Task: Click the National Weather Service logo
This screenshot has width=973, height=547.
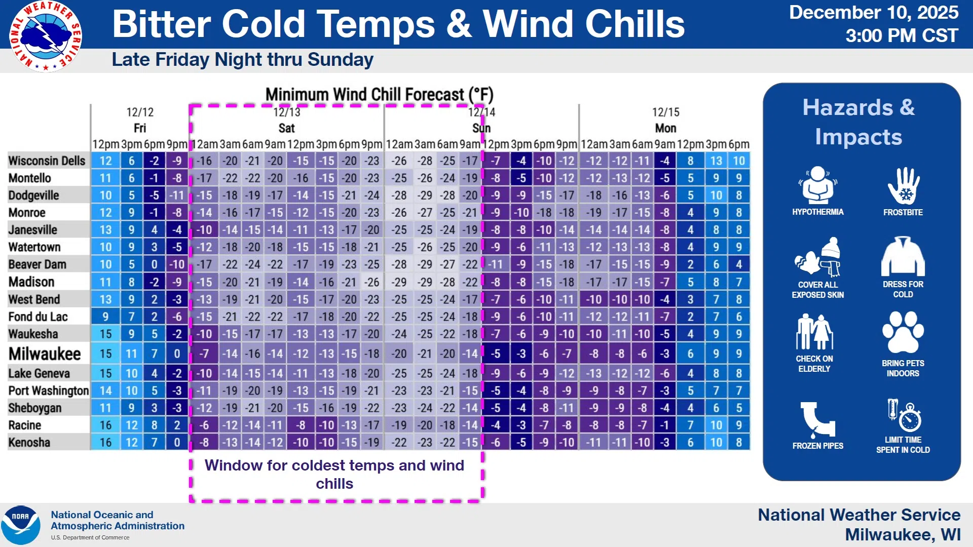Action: pyautogui.click(x=46, y=36)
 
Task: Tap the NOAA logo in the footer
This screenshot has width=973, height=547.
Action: pyautogui.click(x=20, y=525)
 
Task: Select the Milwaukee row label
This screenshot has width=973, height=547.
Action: pyautogui.click(x=45, y=354)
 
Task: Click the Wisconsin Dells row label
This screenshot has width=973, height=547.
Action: pyautogui.click(x=47, y=161)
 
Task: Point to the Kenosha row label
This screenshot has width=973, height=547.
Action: pyautogui.click(x=29, y=442)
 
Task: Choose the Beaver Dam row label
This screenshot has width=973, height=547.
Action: pyautogui.click(x=37, y=264)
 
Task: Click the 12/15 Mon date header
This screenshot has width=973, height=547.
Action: pyautogui.click(x=665, y=120)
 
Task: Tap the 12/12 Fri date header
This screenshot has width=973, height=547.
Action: pyautogui.click(x=140, y=120)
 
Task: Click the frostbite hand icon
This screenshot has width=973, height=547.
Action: pyautogui.click(x=903, y=186)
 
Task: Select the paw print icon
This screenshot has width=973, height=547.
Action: pyautogui.click(x=903, y=332)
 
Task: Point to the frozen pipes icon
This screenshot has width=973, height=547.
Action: pyautogui.click(x=817, y=419)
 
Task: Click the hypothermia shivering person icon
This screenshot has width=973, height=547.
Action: pyautogui.click(x=817, y=185)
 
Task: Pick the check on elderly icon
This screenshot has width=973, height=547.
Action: pyautogui.click(x=814, y=332)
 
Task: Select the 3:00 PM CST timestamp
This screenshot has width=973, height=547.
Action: pyautogui.click(x=902, y=35)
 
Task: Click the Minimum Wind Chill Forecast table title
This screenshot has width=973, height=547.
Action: pyautogui.click(x=379, y=94)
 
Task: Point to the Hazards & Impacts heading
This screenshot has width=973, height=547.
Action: pyautogui.click(x=859, y=122)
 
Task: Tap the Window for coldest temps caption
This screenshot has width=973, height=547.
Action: pyautogui.click(x=334, y=474)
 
